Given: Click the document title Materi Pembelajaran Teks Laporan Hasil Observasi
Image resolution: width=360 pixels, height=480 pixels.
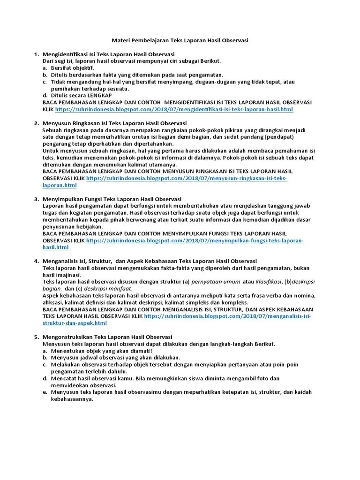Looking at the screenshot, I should (x=180, y=41).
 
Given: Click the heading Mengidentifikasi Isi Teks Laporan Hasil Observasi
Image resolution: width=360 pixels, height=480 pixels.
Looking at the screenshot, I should (x=108, y=54).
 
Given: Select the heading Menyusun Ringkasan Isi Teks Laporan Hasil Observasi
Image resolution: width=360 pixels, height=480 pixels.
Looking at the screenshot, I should (x=108, y=123).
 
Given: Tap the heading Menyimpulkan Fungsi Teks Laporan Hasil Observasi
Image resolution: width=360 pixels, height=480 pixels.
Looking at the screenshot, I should (x=112, y=199).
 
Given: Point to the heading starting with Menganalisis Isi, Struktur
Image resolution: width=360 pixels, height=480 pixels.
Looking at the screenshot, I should (x=150, y=261).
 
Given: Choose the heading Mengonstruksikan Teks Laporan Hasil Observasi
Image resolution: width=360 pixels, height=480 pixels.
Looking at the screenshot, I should (x=107, y=337).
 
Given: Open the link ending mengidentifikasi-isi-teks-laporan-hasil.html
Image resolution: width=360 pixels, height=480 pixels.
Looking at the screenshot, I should (x=174, y=109).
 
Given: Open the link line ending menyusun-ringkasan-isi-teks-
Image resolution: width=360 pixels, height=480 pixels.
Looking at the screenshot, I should (x=187, y=179).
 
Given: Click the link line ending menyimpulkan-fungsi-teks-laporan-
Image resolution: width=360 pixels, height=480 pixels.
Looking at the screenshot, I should (x=195, y=240).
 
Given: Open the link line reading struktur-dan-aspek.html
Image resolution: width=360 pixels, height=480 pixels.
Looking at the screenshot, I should (x=75, y=323).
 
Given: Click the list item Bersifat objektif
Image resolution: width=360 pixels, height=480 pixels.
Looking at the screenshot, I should (x=73, y=68).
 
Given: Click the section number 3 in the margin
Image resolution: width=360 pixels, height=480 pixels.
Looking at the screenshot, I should (x=37, y=199).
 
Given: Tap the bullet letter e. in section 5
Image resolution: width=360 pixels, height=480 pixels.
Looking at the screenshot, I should (x=45, y=392).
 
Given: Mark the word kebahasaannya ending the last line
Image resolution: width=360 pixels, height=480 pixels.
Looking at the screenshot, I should (x=73, y=399).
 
